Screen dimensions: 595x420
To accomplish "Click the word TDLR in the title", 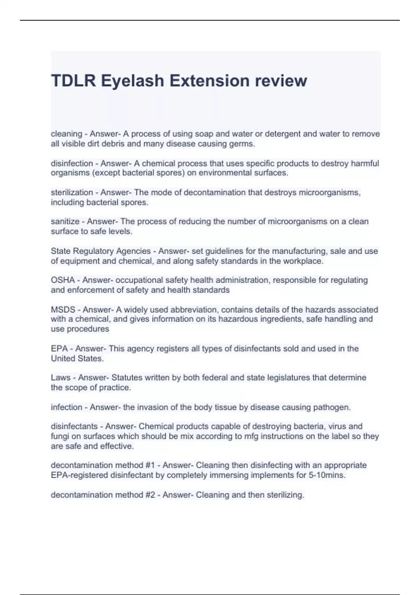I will pos(73,81).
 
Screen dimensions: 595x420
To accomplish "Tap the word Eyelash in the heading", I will pos(133,81).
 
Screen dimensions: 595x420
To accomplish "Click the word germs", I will pos(245,144).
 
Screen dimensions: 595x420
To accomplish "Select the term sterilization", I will pos(72,192).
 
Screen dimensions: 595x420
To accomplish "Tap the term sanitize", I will pos(65,222).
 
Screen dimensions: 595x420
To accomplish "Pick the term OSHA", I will pos(63,280).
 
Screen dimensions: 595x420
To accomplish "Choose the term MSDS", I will pos(63,310).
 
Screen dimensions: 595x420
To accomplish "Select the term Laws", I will pos(61,378).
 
